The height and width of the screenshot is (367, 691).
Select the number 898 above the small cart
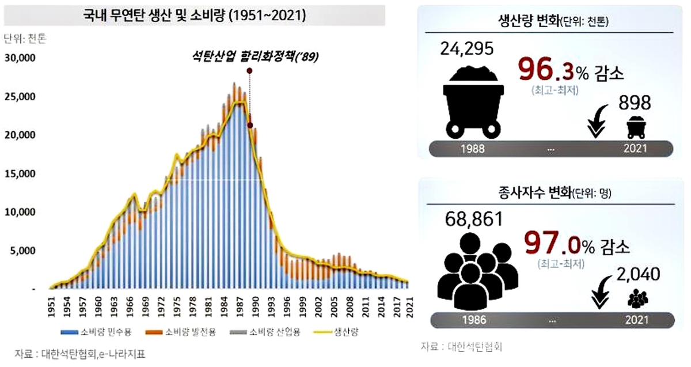[635, 103]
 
